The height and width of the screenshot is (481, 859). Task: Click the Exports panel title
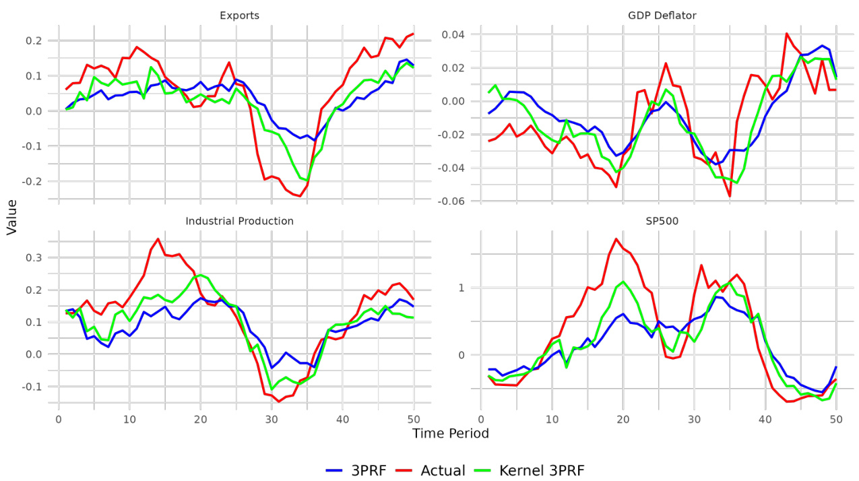tap(239, 15)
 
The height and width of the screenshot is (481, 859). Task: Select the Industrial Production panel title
tap(239, 221)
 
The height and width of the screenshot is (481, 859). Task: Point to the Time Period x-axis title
tap(450, 433)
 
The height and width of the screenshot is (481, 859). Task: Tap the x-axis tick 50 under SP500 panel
tap(835, 419)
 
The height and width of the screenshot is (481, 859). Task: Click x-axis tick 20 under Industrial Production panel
tap(200, 419)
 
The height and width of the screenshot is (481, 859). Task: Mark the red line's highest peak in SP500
tap(616, 238)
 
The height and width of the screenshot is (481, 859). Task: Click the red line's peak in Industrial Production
tap(158, 239)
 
